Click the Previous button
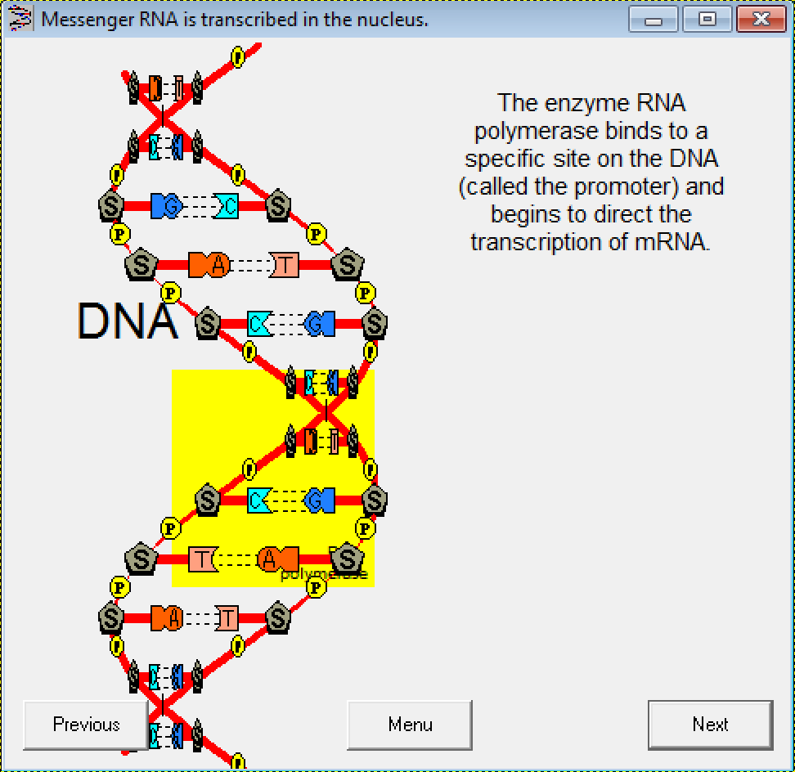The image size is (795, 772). (x=86, y=725)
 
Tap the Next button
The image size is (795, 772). (x=710, y=725)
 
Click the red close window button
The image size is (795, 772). (x=761, y=19)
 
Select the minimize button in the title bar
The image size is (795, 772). (x=654, y=19)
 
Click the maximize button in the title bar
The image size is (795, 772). (x=707, y=19)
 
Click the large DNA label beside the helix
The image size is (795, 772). (x=127, y=321)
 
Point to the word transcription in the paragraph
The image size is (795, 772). (x=537, y=242)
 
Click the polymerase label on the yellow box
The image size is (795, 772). (x=324, y=574)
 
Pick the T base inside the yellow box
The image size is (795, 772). (x=201, y=559)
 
